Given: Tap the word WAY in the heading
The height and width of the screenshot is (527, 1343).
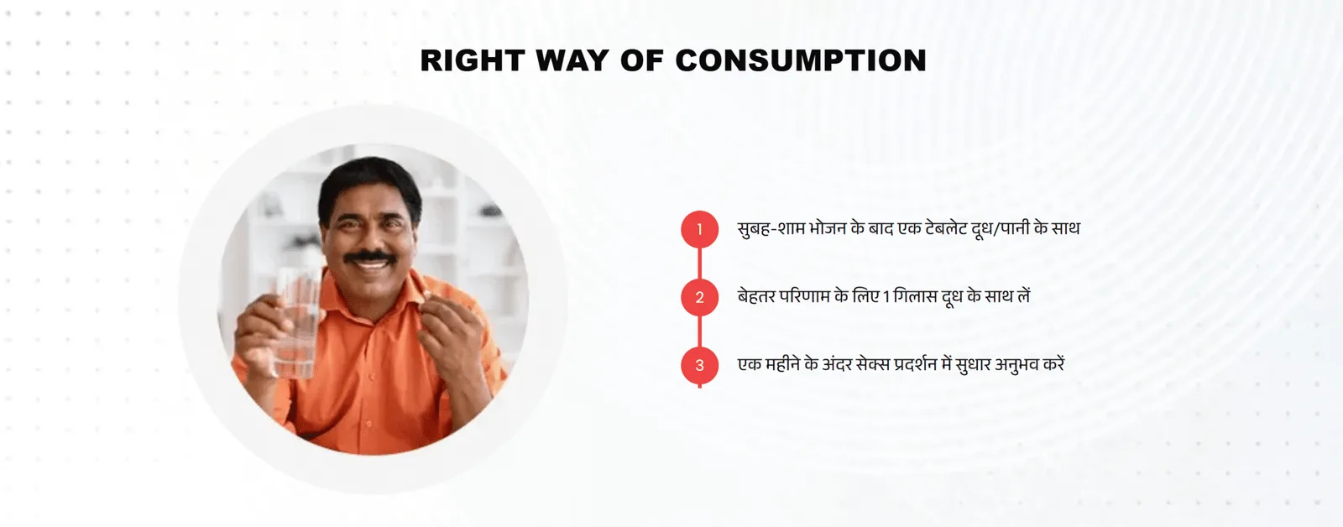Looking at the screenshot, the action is point(572,60).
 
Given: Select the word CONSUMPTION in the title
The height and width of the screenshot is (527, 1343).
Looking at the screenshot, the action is point(801,60).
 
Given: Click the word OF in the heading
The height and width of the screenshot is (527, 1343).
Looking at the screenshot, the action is point(641,60).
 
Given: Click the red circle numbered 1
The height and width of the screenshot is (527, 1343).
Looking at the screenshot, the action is point(700,229).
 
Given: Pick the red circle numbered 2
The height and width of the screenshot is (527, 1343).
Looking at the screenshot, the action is point(700,297).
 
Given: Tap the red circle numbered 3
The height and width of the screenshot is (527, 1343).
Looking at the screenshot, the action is point(700,365).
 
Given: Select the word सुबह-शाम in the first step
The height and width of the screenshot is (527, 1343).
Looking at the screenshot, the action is point(771,229).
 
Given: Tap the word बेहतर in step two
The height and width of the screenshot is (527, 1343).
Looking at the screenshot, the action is point(756,297).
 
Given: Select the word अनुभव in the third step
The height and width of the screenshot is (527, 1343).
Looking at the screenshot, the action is point(1018,364).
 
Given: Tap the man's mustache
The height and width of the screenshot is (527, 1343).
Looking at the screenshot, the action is point(369,257).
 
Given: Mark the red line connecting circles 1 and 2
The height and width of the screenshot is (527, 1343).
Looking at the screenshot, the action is point(700,263).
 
